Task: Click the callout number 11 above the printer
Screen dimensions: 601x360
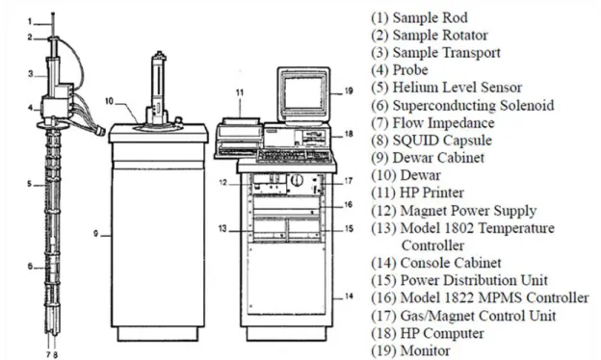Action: (240, 92)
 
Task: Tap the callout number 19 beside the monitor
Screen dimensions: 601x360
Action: (349, 91)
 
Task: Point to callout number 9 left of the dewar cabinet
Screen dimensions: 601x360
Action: (95, 233)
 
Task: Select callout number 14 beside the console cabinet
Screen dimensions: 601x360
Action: (349, 296)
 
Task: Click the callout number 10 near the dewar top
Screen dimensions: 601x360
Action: (109, 101)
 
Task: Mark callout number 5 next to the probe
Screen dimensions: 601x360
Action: (30, 184)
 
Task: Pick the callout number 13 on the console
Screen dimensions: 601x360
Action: (222, 229)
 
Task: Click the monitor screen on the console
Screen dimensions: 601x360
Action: (302, 91)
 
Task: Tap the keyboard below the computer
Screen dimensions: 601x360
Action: (293, 155)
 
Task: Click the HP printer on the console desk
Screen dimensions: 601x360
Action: (239, 138)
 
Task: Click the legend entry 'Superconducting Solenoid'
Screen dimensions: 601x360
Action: (473, 105)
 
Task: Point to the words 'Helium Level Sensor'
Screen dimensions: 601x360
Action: (457, 88)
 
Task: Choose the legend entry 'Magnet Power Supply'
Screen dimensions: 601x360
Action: (468, 211)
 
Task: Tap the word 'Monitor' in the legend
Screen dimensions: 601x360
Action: (425, 350)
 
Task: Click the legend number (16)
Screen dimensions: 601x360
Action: (383, 298)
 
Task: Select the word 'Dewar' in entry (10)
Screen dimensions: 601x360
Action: (420, 175)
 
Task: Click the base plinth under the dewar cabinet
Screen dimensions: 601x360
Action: (158, 334)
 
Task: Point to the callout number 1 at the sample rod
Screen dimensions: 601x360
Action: (30, 21)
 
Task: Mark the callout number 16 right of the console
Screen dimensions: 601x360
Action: (348, 204)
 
